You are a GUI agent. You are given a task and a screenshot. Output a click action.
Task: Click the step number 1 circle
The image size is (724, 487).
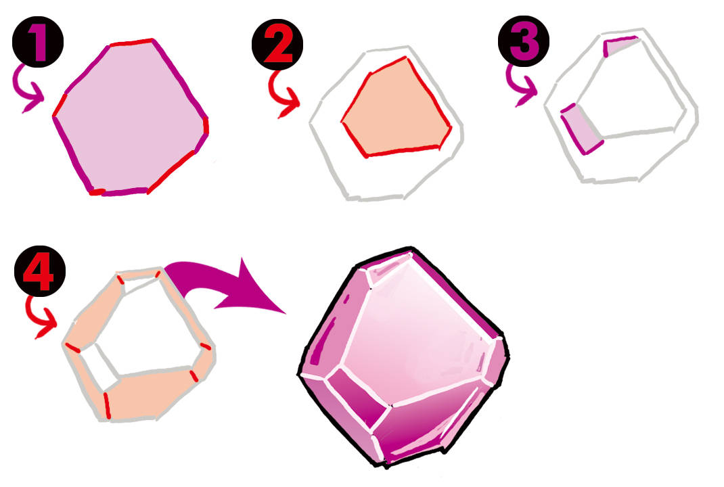pyautogui.click(x=38, y=42)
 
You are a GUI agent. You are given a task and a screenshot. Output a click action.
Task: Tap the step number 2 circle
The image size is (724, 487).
pyautogui.click(x=277, y=45)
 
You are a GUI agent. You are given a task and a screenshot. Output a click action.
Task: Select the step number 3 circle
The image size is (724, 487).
pyautogui.click(x=524, y=41)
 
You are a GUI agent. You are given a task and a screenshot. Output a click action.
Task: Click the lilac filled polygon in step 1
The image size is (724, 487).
pyautogui.click(x=129, y=118)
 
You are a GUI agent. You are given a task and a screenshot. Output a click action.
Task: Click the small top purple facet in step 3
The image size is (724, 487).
pyautogui.click(x=618, y=45)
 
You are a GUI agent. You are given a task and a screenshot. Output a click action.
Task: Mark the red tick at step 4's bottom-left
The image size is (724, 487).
pyautogui.click(x=107, y=405)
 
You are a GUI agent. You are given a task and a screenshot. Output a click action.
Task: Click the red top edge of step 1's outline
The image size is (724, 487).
pyautogui.click(x=131, y=43)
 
